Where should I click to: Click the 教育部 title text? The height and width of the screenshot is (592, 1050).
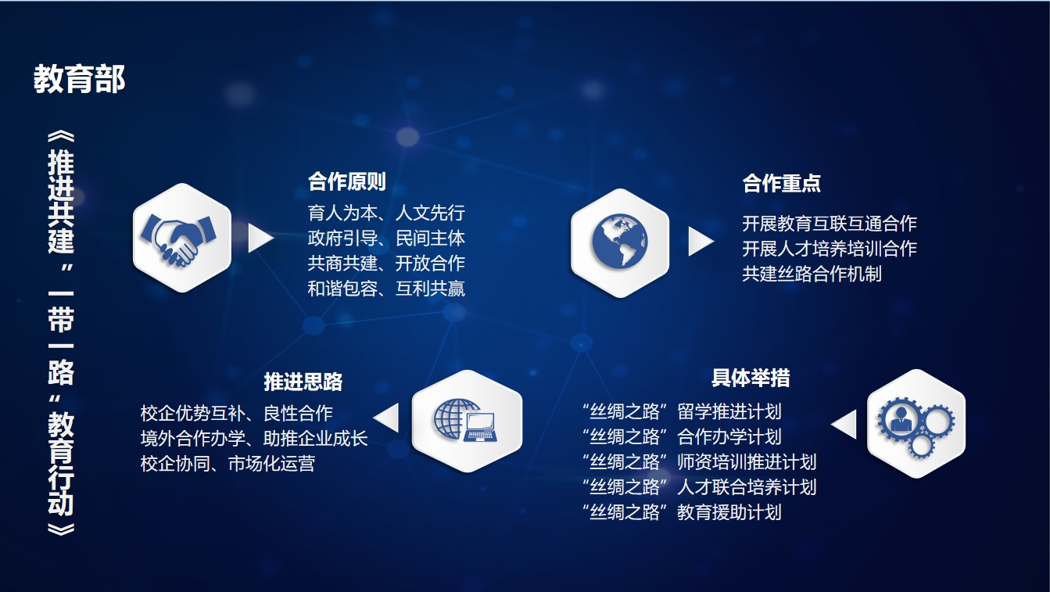[x=79, y=79]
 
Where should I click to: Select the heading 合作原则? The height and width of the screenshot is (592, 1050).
[x=347, y=182]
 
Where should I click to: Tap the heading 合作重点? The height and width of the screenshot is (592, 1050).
[x=781, y=183]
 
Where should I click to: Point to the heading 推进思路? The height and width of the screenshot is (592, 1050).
[x=303, y=382]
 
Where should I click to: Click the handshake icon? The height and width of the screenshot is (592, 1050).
[x=178, y=239]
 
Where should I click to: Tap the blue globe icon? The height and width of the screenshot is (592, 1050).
[x=620, y=242]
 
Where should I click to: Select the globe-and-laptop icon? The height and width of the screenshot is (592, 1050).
[x=465, y=420]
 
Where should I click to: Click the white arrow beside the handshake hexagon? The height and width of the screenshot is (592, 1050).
[x=260, y=238]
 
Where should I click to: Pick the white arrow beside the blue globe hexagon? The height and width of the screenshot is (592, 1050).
[x=701, y=242]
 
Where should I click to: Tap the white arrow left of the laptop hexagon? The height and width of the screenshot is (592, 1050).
[x=387, y=418]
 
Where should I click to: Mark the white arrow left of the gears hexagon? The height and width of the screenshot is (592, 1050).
[x=844, y=425]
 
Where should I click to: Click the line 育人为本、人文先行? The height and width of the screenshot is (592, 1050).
[x=386, y=213]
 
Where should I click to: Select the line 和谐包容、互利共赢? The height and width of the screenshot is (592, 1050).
[x=386, y=289]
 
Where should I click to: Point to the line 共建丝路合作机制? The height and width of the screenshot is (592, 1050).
[x=812, y=274]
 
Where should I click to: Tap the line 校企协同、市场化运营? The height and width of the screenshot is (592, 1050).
[x=228, y=464]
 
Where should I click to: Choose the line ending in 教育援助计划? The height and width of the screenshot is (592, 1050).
[x=682, y=512]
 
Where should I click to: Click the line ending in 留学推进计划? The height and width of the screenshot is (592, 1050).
[x=682, y=412]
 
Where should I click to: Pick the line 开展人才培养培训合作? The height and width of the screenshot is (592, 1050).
[x=830, y=249]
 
